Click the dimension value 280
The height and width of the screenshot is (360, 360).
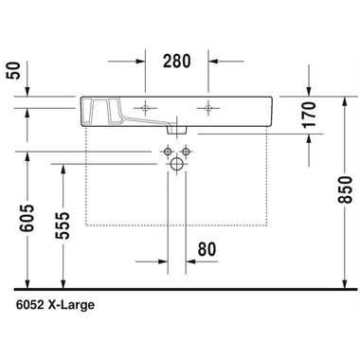point(177,62)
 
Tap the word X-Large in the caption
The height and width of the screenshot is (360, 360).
point(74,306)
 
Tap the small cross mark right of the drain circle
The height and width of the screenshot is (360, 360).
point(191,152)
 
